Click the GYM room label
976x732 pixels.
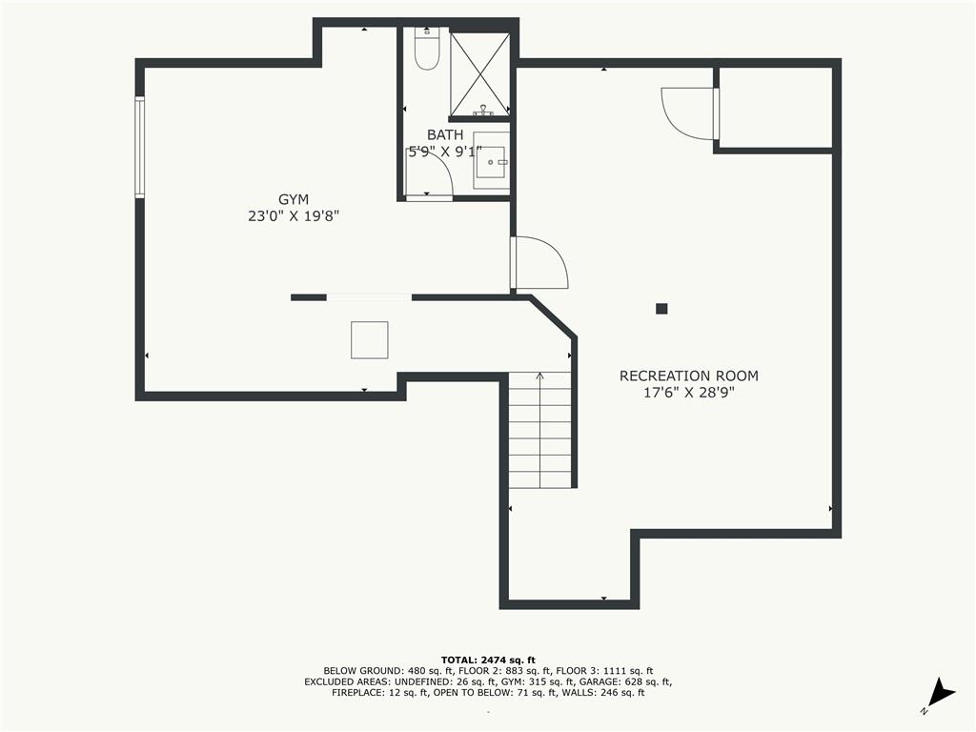pos(294,200)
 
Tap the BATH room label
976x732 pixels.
pos(445,134)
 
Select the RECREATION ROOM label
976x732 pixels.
pos(689,376)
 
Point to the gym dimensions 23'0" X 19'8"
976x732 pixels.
pos(294,216)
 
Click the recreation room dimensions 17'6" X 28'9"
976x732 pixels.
pos(689,393)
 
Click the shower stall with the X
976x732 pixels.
pos(479,73)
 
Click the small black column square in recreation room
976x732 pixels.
pos(661,308)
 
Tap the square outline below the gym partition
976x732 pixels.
pos(370,340)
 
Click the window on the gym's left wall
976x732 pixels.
pos(140,148)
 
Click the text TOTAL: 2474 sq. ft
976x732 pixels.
pos(488,660)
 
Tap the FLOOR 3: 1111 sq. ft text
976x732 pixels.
pos(604,671)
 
